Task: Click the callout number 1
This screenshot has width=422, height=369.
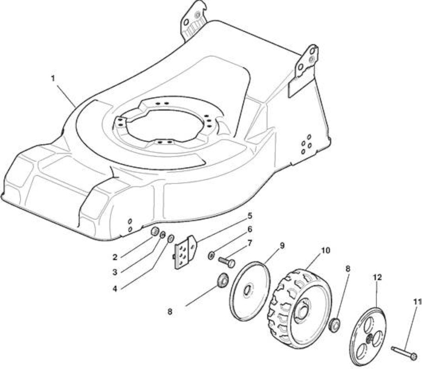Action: point(53,78)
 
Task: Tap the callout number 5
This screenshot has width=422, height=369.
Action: point(250,215)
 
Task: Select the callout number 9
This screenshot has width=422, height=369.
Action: point(282,245)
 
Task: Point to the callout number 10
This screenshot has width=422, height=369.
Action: point(325,250)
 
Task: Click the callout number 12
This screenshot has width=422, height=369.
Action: point(377,277)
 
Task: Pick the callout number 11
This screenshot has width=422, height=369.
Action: point(417,302)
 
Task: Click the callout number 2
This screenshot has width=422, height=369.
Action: point(115,257)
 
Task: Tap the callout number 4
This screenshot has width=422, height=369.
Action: point(115,289)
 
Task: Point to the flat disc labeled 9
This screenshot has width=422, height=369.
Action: point(250,291)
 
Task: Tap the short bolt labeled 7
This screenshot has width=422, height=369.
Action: point(227,262)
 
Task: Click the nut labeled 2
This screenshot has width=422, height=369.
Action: point(154,231)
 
